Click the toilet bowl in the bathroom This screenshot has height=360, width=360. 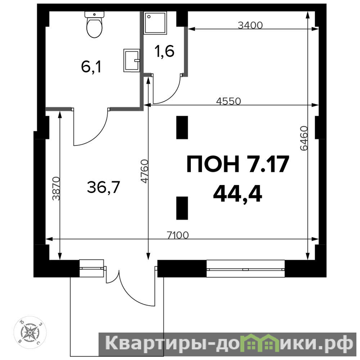pyautogui.click(x=94, y=27)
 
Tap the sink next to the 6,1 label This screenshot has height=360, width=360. pyautogui.click(x=131, y=60)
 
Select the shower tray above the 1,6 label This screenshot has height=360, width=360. pyautogui.click(x=155, y=23)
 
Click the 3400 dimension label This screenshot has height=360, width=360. pyautogui.click(x=250, y=25)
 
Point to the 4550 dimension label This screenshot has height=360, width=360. pyautogui.click(x=229, y=101)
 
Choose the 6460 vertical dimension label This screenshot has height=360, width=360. pyautogui.click(x=304, y=138)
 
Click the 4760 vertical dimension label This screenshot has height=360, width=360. pyautogui.click(x=144, y=171)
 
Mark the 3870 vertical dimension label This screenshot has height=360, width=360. pyautogui.click(x=56, y=188)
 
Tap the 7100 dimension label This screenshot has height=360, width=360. pyautogui.click(x=178, y=235)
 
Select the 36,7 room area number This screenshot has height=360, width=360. pyautogui.click(x=103, y=187)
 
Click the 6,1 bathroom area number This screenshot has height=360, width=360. pyautogui.click(x=91, y=67)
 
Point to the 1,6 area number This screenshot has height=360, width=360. pyautogui.click(x=165, y=51)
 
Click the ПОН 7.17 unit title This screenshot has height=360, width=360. pyautogui.click(x=238, y=164)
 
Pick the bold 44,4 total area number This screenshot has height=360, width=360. pyautogui.click(x=238, y=194)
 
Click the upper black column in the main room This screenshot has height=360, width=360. pyautogui.click(x=182, y=127)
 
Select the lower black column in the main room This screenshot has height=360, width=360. pyautogui.click(x=182, y=208)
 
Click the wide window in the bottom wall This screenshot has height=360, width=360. pyautogui.click(x=246, y=269)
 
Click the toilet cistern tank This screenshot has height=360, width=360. pyautogui.click(x=94, y=14)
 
